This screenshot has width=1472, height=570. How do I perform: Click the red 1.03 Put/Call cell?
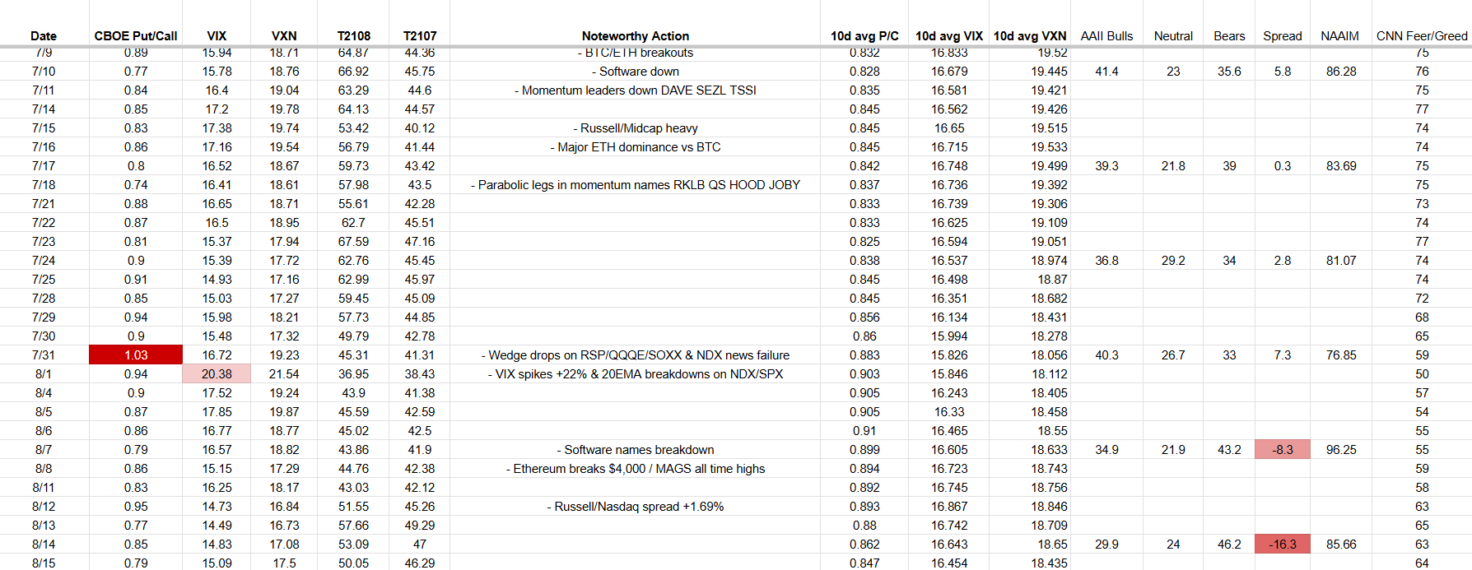(136, 355)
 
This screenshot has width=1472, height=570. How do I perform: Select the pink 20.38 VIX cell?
(217, 374)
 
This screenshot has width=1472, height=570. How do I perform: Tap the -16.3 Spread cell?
(1282, 545)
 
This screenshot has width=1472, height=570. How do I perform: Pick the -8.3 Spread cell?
(1282, 450)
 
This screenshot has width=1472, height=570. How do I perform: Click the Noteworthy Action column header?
(635, 36)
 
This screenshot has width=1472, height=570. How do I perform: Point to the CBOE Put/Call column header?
(136, 36)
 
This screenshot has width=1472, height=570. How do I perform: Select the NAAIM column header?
(1339, 36)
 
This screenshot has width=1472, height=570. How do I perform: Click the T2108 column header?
(354, 36)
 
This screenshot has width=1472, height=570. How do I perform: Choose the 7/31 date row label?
(44, 355)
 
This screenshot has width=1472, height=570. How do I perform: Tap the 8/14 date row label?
(44, 545)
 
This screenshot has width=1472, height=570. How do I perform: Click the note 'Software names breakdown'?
(635, 450)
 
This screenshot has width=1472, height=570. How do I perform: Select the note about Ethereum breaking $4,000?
(635, 469)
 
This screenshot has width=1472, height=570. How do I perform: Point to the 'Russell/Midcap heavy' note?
(635, 128)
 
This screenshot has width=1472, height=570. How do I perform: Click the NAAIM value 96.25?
(1341, 450)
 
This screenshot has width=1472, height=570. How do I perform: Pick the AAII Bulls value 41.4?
(1106, 72)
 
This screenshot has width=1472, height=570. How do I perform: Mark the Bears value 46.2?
(1229, 545)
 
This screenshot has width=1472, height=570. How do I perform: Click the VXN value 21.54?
(284, 374)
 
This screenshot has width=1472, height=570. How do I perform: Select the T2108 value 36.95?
(353, 374)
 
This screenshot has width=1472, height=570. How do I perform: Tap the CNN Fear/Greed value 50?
(1422, 374)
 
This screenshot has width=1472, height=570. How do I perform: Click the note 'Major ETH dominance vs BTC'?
(635, 147)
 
